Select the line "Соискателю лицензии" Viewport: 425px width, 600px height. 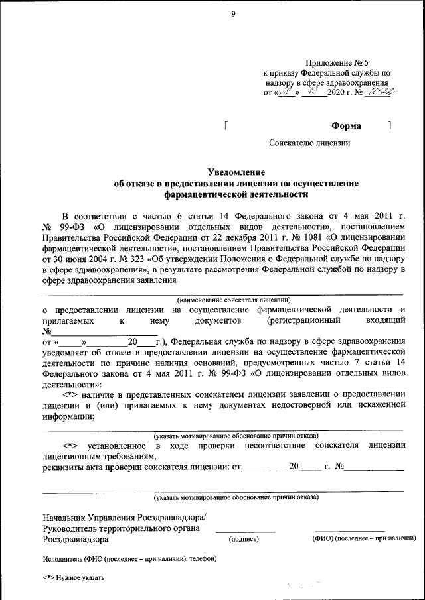tap(309, 143)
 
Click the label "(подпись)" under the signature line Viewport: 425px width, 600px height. tap(244, 539)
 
